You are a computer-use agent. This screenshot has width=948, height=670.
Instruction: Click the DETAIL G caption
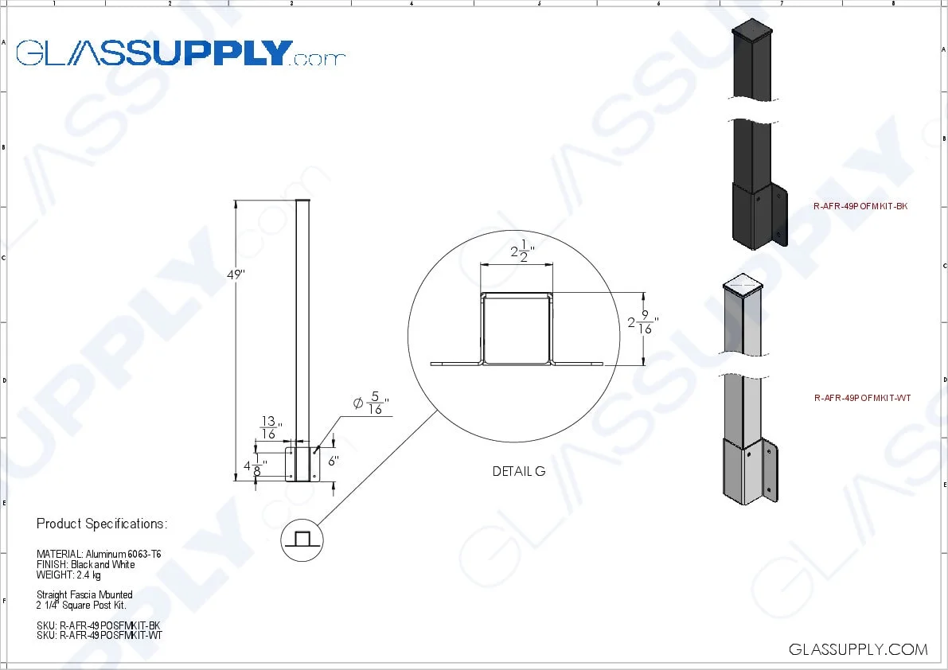coord(519,471)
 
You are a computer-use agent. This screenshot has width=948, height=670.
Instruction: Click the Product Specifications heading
coord(102,524)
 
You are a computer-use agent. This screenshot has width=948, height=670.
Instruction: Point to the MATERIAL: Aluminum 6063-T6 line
coord(99,554)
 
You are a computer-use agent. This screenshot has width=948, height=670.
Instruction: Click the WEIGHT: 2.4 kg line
coord(68,575)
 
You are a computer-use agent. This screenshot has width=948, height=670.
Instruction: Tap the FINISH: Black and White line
coord(86,564)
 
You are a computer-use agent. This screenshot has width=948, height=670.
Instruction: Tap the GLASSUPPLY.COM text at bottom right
coord(858,649)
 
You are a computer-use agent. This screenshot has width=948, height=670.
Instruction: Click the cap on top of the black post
coord(752,31)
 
